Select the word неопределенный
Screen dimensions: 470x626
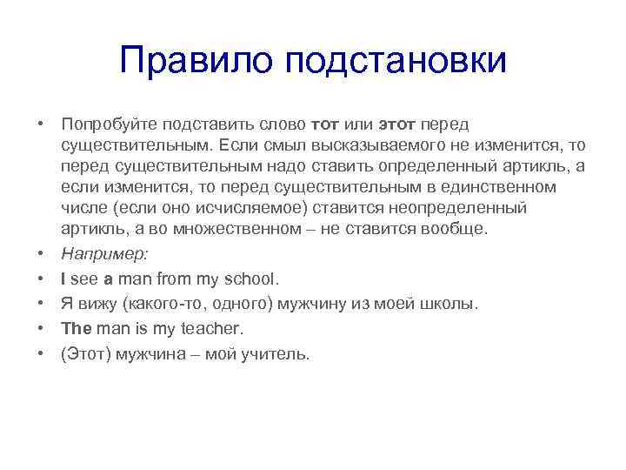click(x=460, y=209)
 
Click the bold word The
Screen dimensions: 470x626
click(x=77, y=330)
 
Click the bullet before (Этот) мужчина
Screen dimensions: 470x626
click(x=42, y=355)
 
